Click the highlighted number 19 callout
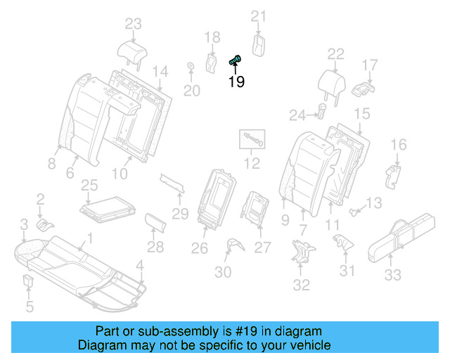tap(236, 82)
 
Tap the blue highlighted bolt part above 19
tap(236, 61)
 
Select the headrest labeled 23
tap(132, 51)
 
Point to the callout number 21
tap(259, 16)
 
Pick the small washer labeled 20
tap(191, 67)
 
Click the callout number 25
tap(89, 186)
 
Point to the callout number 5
tap(29, 307)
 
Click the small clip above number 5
tap(29, 283)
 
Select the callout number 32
tap(301, 285)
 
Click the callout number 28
tap(155, 247)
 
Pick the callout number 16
tap(398, 145)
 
